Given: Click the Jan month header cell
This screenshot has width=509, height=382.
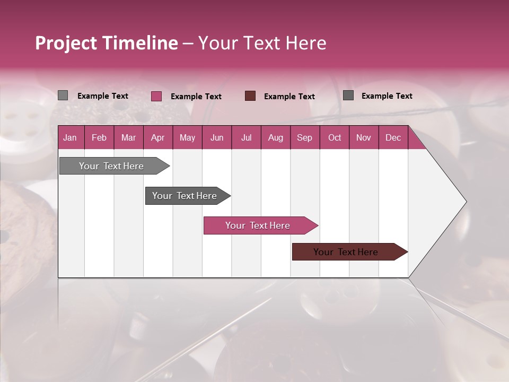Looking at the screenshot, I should coord(70,137).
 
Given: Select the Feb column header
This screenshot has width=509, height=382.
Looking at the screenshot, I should coord(99,137).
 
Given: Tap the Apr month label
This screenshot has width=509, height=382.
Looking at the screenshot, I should coord(157,137).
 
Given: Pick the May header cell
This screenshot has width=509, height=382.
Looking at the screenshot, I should coord(187,137).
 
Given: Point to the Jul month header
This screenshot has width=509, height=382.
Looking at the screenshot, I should coord(246,137).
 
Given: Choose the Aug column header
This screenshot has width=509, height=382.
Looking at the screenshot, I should coord(275,137).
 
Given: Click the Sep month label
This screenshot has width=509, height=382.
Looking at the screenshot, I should coord(304,137).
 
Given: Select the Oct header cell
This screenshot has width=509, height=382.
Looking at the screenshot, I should coord(335,137).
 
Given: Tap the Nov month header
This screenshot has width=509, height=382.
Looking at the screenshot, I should coord(363,137).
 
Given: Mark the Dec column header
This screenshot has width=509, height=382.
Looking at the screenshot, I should coord(393,137).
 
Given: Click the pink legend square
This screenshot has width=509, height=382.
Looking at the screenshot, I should coord(156,96).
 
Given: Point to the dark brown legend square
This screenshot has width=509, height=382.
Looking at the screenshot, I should coord(250,96).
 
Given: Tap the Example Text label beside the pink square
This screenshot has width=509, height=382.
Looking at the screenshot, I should coord(196,97).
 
